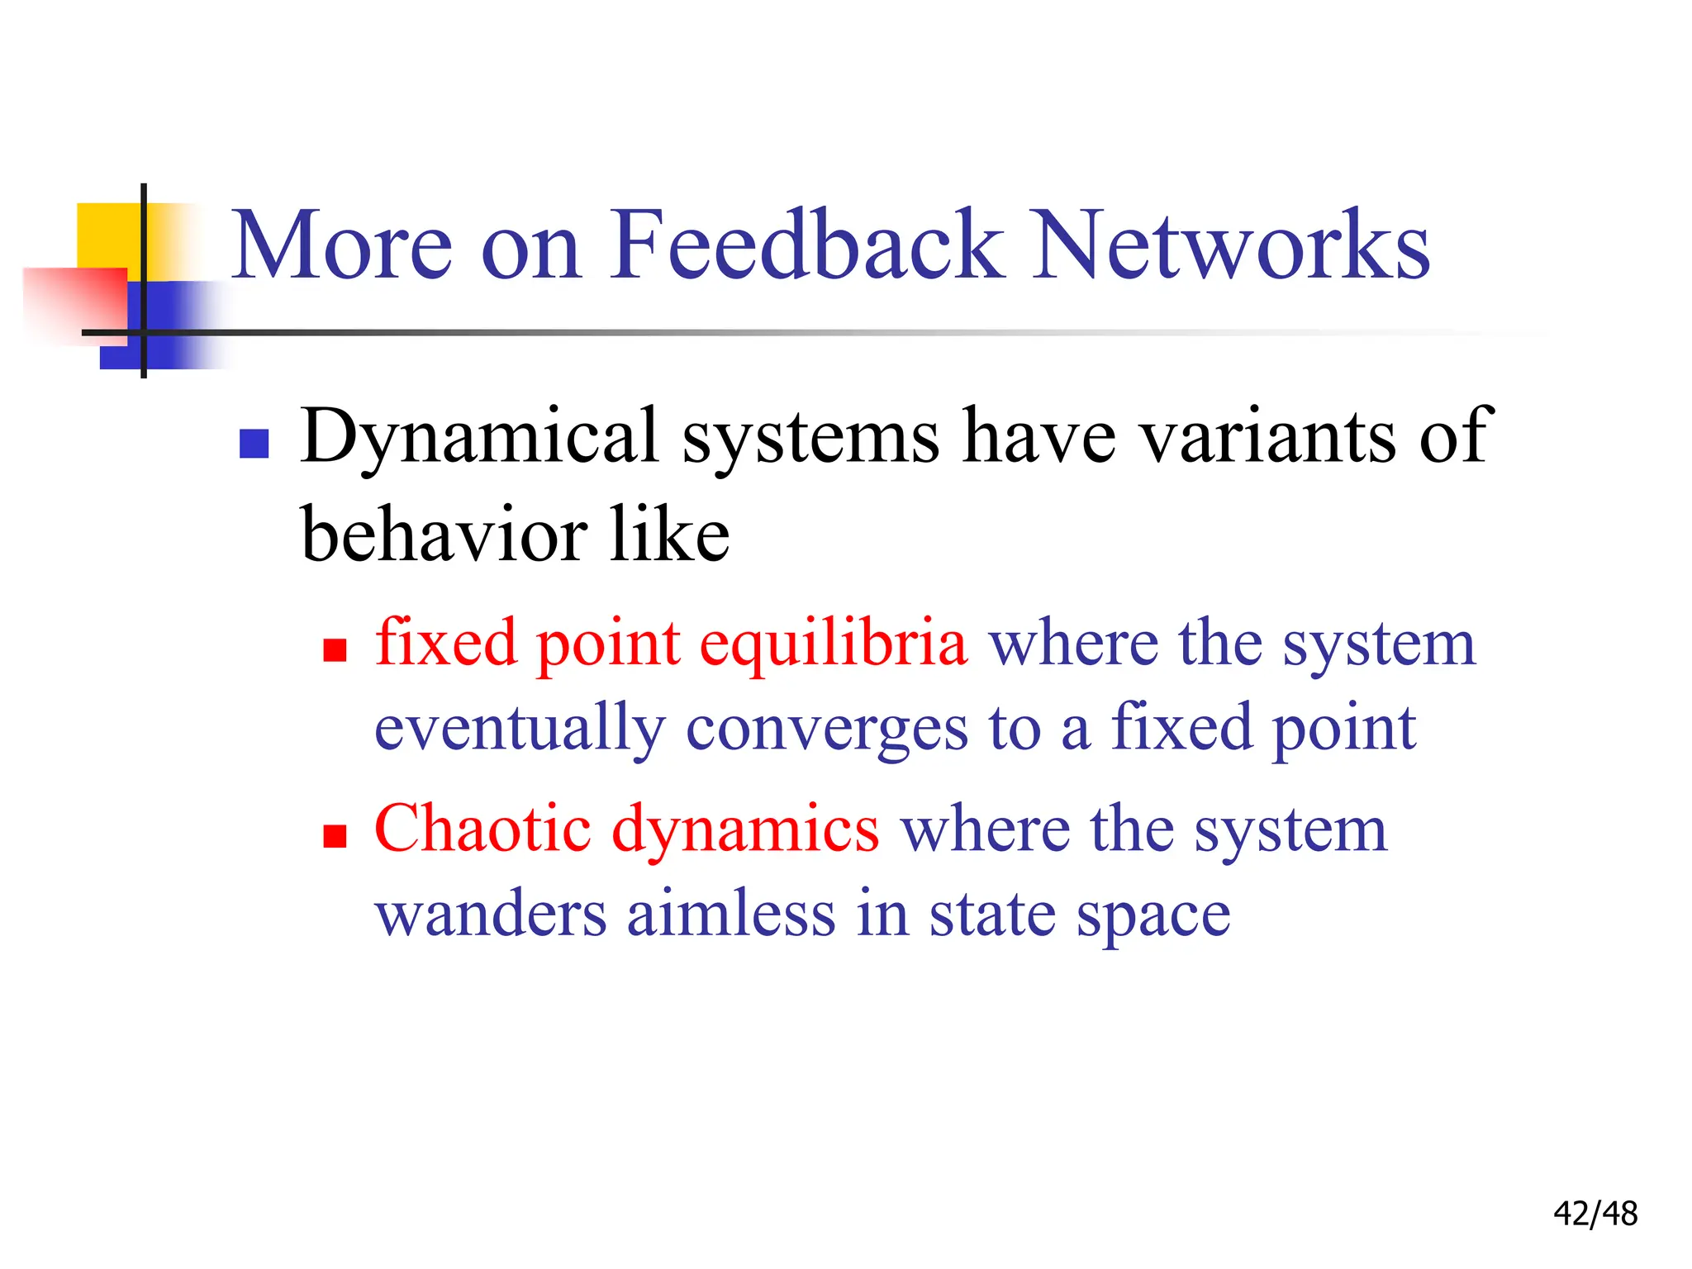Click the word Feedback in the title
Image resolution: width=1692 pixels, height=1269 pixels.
pyautogui.click(x=806, y=245)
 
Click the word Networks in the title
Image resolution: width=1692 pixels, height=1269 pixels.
pyautogui.click(x=1231, y=245)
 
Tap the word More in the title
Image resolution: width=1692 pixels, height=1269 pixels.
pyautogui.click(x=342, y=245)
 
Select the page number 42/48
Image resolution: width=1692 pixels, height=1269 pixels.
pyautogui.click(x=1595, y=1214)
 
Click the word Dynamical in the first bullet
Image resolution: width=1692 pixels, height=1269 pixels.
pyautogui.click(x=479, y=438)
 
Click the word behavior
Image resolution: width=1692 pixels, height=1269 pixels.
pyautogui.click(x=443, y=535)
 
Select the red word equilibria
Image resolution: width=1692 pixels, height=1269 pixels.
pyautogui.click(x=833, y=644)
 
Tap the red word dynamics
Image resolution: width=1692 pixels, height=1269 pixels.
pyautogui.click(x=745, y=831)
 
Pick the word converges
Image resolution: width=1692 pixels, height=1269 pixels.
pyautogui.click(x=827, y=730)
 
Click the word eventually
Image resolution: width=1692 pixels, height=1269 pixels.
pyautogui.click(x=520, y=730)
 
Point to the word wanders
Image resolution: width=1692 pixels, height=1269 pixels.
pyautogui.click(x=491, y=915)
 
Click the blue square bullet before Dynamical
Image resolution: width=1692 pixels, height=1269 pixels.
pyautogui.click(x=254, y=444)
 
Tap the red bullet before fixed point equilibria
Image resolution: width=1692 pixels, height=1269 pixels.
pyautogui.click(x=335, y=650)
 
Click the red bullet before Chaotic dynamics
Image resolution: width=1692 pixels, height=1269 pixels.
pyautogui.click(x=335, y=836)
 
